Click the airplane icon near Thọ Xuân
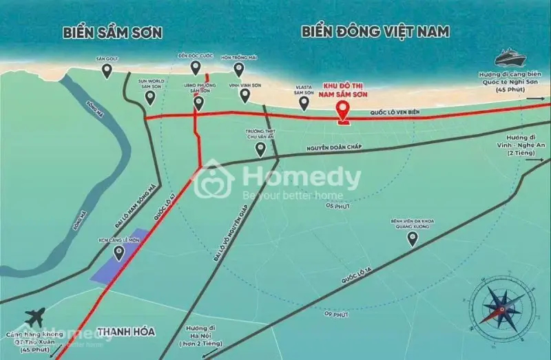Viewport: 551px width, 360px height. tap(35, 318)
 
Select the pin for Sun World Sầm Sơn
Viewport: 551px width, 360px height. tap(150, 98)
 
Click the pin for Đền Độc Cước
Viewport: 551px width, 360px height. tap(196, 67)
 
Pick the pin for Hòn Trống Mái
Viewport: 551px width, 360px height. tap(239, 69)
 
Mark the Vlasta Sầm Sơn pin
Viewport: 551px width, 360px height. tap(304, 103)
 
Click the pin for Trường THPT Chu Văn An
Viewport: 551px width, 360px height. tap(260, 149)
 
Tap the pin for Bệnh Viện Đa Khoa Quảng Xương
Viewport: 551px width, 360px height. tap(413, 239)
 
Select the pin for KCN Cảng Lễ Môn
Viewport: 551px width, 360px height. tap(119, 253)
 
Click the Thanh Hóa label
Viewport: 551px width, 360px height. tap(126, 332)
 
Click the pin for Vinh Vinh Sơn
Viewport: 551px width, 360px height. tap(244, 96)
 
